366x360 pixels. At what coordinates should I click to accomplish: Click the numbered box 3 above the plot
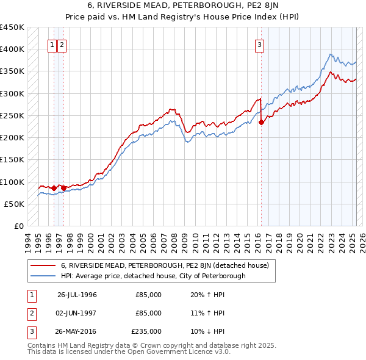[x=260, y=44]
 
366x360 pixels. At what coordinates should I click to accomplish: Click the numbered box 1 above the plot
[x=52, y=44]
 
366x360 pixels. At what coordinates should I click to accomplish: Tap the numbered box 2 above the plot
[x=63, y=44]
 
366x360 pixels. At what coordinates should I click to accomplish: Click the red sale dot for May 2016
[x=261, y=122]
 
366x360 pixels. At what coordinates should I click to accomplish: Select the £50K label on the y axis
[x=14, y=204]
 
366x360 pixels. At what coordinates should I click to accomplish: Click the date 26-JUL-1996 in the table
[x=77, y=295]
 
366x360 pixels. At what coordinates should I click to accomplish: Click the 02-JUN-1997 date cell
[x=77, y=313]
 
